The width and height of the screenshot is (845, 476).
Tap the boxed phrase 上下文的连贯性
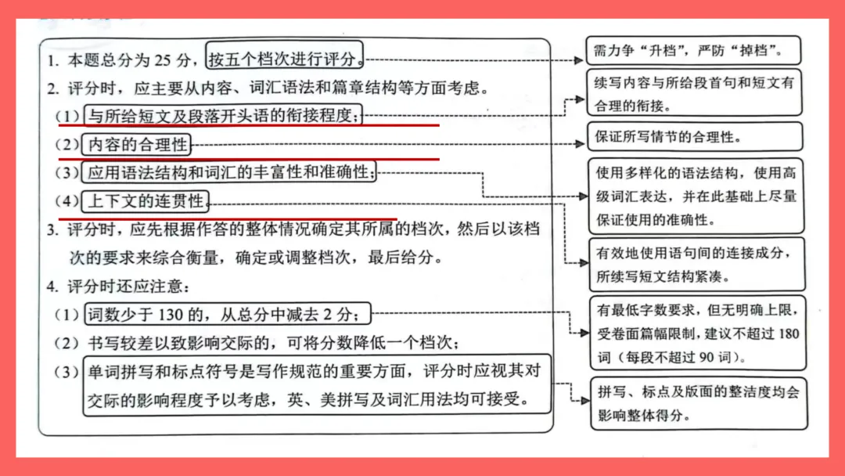[x=146, y=201]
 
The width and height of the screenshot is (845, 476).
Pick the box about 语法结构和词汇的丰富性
[x=229, y=172]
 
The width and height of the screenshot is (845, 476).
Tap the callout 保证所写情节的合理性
[x=695, y=137]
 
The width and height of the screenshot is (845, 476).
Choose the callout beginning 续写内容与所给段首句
[x=695, y=92]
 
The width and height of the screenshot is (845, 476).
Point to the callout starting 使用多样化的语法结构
[x=695, y=196]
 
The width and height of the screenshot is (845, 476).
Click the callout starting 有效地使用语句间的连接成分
[x=695, y=264]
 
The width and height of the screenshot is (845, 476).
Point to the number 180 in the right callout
[x=789, y=334]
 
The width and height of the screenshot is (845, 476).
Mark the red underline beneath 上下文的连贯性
[x=227, y=218]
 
